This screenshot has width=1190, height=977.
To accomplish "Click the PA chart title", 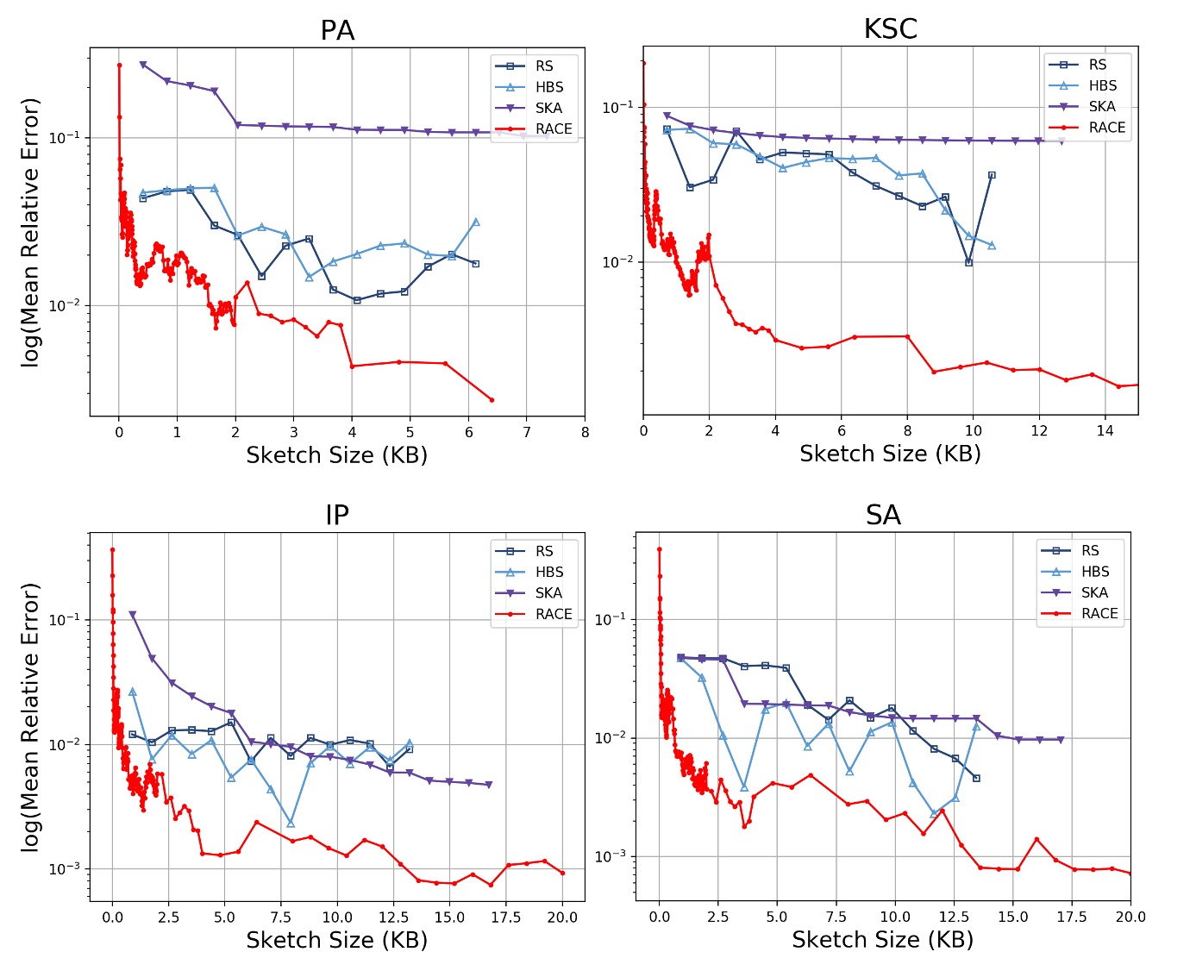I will [x=337, y=31].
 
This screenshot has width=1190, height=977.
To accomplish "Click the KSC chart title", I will [x=890, y=29].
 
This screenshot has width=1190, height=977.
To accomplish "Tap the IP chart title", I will [x=337, y=515].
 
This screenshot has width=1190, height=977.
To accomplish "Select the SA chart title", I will [x=883, y=515].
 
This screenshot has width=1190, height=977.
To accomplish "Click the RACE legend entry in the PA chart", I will [x=553, y=128].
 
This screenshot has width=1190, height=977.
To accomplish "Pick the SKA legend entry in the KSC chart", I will [x=1101, y=106].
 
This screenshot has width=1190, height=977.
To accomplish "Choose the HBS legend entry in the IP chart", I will [x=548, y=572].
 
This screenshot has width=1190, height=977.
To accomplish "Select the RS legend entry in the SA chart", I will [x=1090, y=550].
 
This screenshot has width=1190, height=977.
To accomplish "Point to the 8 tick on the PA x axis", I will [x=585, y=432].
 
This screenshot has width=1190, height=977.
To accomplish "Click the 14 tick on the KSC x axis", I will [x=1105, y=430].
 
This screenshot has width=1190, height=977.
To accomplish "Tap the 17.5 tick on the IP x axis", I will [x=505, y=917].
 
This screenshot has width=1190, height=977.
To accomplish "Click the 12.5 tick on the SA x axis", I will [x=954, y=917].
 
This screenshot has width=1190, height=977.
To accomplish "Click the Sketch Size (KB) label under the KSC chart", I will [x=890, y=454].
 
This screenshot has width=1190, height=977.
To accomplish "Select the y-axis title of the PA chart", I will [x=31, y=233].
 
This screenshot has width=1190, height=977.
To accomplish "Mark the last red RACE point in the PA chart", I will [x=492, y=400].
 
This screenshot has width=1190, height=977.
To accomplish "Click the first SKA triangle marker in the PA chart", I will [x=143, y=65].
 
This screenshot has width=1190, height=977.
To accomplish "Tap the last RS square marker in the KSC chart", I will [x=992, y=175].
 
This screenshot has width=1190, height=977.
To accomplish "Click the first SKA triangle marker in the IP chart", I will [x=132, y=615].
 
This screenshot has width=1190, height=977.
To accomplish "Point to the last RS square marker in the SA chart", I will [x=976, y=778].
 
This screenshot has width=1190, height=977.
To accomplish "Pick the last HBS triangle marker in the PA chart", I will [x=475, y=222].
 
